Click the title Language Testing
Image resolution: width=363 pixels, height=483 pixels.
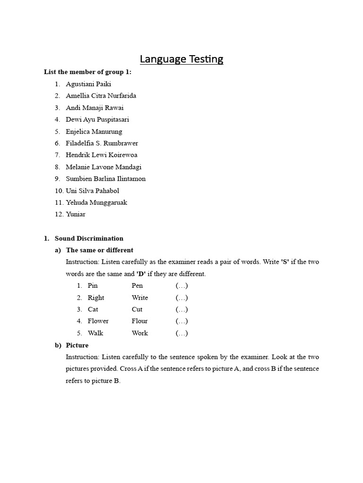pos(181,59)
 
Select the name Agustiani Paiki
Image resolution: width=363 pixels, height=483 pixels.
pos(88,84)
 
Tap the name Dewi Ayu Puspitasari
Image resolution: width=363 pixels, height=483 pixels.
pos(97,119)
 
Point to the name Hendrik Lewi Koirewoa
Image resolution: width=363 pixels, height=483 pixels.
pos(102,155)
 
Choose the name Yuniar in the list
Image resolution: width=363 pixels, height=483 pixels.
pos(76,214)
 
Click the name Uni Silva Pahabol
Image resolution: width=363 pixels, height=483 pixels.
pos(92,191)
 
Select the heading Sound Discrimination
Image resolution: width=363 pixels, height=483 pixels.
pos(89,238)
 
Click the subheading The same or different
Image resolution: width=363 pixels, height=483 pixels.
pos(99,250)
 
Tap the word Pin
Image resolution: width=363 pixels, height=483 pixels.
pos(93,286)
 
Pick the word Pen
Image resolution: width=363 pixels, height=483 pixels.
pos(137,286)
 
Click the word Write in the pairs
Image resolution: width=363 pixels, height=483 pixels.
pos(140,298)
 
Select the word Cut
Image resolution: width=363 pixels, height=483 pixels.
pos(137,309)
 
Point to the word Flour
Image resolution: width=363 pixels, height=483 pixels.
pos(140,321)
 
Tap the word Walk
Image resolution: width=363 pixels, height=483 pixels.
pos(95,333)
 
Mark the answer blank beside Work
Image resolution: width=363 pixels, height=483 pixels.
pos(182,333)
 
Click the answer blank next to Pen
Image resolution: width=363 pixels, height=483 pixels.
pos(182,286)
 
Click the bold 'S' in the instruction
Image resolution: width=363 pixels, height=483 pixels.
pos(285,262)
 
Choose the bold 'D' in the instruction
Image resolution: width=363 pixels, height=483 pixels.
pos(140,274)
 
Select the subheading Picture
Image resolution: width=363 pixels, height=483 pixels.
pos(77,345)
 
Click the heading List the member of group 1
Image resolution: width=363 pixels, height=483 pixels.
pos(88,72)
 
